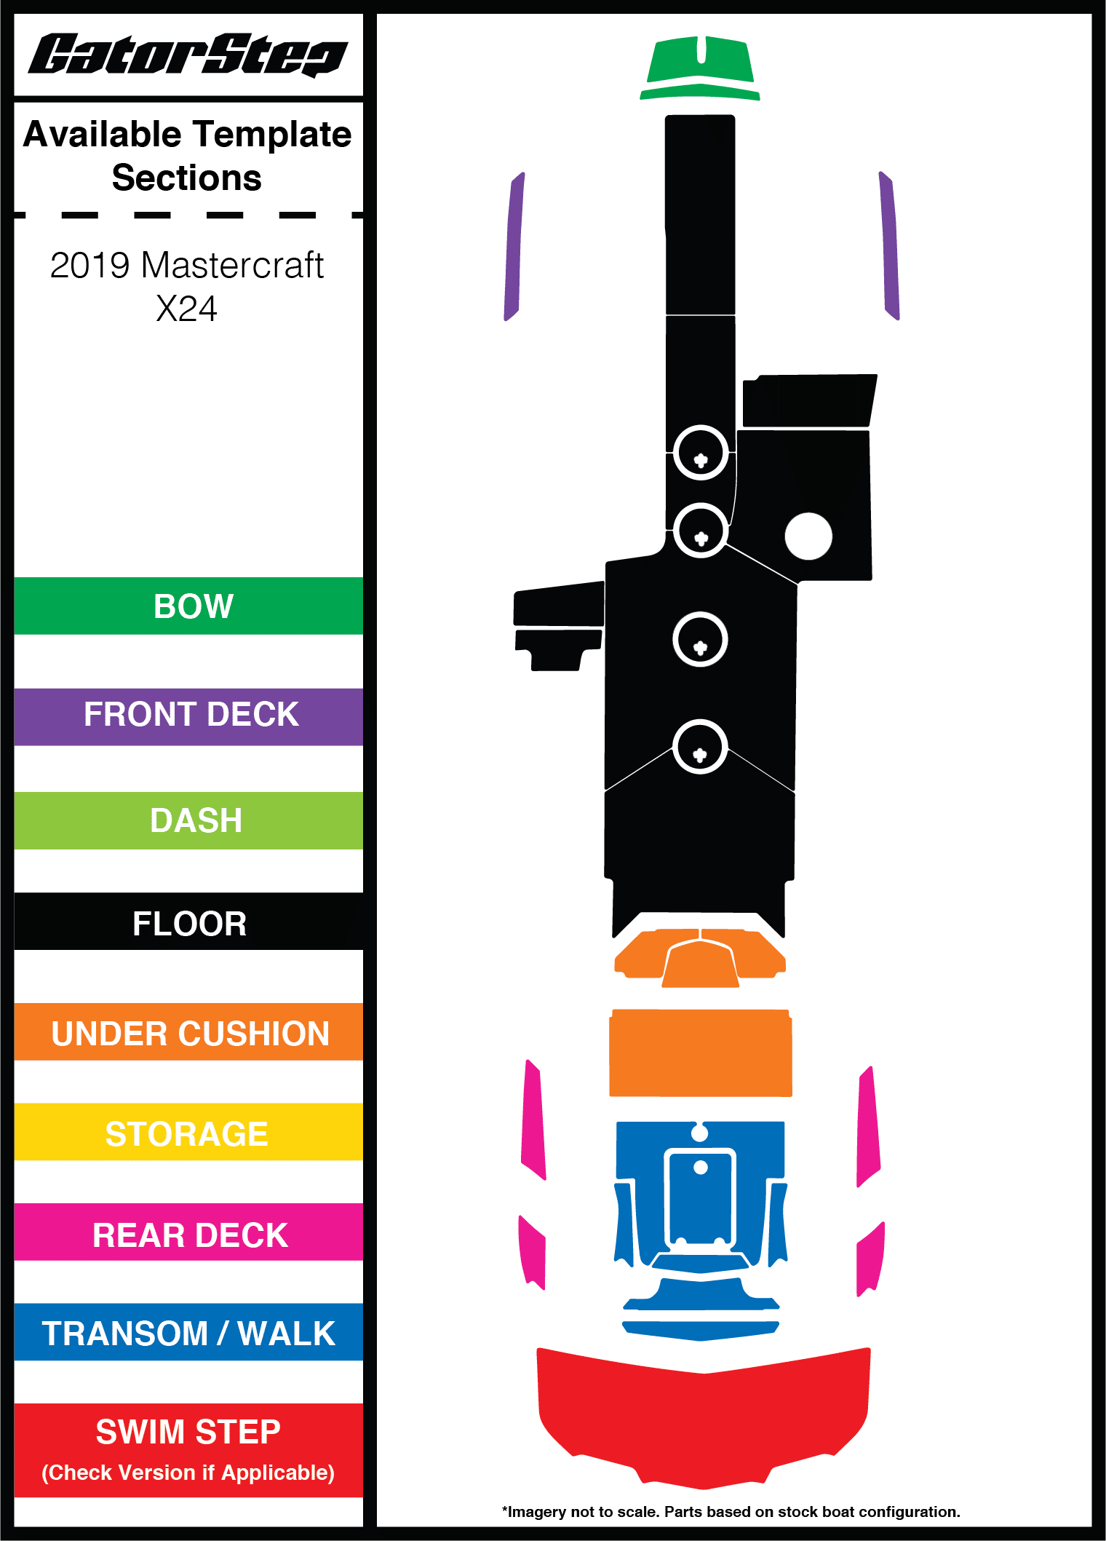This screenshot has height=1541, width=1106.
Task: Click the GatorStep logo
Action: pos(188,55)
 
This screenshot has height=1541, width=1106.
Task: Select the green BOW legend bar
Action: pos(188,606)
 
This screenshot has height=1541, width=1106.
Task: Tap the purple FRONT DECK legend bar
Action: pos(188,716)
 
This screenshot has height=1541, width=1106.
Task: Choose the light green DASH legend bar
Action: pos(188,820)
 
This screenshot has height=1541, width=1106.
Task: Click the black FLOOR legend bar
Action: pos(188,922)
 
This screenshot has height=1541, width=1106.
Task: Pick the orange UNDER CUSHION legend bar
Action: pos(188,1031)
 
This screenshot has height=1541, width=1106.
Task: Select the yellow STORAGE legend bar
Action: pos(188,1132)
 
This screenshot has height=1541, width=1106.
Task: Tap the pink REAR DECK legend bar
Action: pos(188,1232)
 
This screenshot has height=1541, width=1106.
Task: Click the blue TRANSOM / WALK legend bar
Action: pos(188,1331)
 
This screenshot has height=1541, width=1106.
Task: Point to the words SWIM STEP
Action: pos(188,1432)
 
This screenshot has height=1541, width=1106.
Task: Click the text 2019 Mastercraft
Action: pos(187,265)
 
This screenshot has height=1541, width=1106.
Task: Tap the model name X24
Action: pos(186,309)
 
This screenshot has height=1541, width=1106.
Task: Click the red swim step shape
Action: pos(704,1417)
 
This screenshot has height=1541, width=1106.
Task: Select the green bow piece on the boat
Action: pos(700,68)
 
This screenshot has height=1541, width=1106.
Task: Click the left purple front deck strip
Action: pos(514,246)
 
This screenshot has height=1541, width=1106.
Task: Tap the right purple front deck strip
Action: pos(889,246)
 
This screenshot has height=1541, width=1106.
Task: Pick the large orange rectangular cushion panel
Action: pos(701,1053)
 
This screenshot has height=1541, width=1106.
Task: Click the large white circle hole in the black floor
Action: pos(808,536)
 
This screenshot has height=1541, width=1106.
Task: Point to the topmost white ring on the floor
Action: pos(701,452)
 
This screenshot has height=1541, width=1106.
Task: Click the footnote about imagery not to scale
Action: pos(731,1512)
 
